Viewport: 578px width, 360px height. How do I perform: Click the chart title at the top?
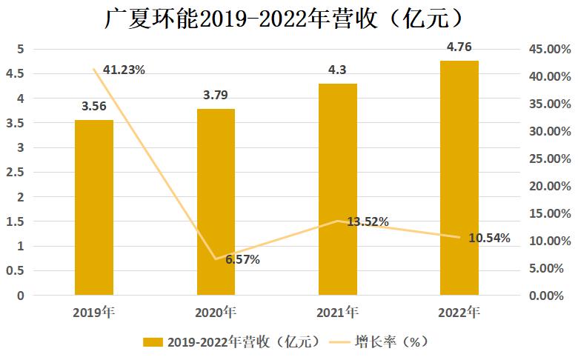(x=289, y=18)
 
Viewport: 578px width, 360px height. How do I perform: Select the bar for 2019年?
(x=94, y=207)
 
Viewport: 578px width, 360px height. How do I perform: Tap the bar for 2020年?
(x=216, y=201)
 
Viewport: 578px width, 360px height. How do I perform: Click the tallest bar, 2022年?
(x=459, y=178)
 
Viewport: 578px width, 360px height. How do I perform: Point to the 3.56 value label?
(x=93, y=107)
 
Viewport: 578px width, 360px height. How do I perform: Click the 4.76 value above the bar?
(x=459, y=48)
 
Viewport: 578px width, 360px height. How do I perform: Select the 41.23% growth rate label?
(x=124, y=70)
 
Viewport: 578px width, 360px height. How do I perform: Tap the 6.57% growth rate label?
(x=242, y=259)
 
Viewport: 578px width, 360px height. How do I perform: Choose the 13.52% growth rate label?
(x=368, y=221)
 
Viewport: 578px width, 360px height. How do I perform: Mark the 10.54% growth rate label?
(x=490, y=238)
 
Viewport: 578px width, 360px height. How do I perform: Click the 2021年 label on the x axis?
(x=338, y=312)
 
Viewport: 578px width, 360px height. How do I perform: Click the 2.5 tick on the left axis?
(x=16, y=172)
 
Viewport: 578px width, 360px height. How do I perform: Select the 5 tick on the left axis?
(x=21, y=49)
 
